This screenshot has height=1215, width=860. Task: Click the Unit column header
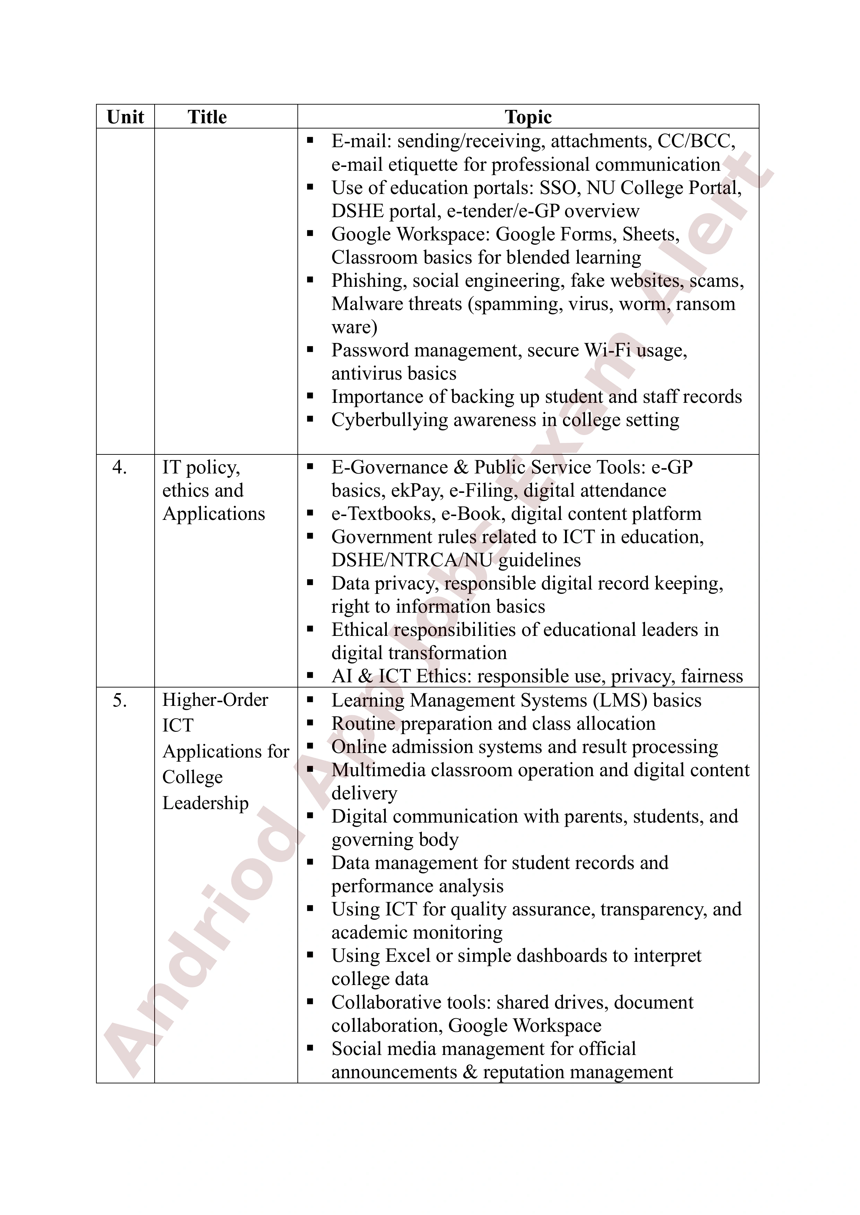(x=125, y=117)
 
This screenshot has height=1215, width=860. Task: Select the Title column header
(x=207, y=117)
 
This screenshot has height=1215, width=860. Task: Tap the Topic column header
(x=528, y=117)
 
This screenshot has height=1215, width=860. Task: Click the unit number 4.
(x=120, y=467)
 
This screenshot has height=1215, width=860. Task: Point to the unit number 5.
(x=120, y=700)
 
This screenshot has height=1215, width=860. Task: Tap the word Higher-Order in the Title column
(x=215, y=700)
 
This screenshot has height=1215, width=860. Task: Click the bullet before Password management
(x=310, y=349)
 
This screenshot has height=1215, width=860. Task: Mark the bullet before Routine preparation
(x=310, y=722)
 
